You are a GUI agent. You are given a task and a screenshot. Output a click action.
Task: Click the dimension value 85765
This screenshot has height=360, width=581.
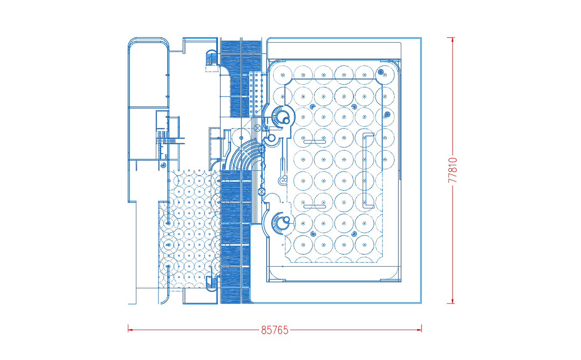tap(275, 330)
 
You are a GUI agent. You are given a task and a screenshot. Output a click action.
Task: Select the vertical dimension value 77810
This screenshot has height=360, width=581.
tap(452, 170)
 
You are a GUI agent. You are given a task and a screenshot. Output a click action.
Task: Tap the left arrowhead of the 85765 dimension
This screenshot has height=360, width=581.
tap(130, 330)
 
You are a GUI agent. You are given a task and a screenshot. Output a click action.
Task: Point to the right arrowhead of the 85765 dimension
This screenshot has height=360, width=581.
tap(419, 330)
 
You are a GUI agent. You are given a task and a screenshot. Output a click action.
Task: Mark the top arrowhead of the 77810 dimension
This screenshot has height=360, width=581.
tap(452, 40)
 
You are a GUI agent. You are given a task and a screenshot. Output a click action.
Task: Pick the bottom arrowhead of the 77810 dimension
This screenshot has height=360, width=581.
tap(452, 301)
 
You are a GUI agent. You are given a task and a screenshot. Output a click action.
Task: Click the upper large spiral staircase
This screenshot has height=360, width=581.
tap(281, 118)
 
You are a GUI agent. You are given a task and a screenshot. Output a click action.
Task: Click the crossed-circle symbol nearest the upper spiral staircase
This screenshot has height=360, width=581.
tap(257, 128)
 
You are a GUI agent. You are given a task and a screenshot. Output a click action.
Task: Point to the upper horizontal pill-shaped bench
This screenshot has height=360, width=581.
tap(315, 142)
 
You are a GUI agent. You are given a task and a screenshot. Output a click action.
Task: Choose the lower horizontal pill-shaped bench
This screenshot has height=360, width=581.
tap(315, 207)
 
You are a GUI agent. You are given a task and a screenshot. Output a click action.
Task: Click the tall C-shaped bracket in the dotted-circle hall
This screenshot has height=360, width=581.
tap(364, 170)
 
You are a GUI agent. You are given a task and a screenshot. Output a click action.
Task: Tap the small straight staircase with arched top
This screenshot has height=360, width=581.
tap(211, 58)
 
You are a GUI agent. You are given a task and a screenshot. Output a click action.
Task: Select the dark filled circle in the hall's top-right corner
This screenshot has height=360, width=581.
tap(380, 72)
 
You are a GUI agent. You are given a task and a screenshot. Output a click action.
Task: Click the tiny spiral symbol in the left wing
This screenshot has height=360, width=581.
tap(163, 165)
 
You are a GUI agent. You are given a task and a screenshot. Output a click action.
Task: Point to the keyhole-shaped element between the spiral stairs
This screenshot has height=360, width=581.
tap(283, 172)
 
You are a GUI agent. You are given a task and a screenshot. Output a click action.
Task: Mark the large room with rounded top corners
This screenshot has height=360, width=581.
tap(149, 73)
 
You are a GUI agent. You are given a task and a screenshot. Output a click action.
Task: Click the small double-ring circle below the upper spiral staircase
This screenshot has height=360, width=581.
tap(271, 138)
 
